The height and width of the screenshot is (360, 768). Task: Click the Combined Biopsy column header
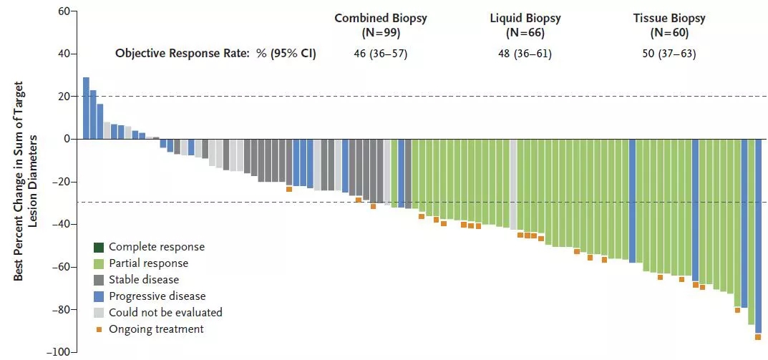(380, 25)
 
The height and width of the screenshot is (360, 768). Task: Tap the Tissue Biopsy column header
(669, 25)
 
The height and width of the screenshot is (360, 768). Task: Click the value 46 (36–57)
(380, 53)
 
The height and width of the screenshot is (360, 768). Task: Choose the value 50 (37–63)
(669, 53)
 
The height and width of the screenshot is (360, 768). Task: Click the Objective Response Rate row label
(215, 53)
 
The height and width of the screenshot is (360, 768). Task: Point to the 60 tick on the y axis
(63, 11)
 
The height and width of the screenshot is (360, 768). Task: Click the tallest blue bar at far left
(86, 108)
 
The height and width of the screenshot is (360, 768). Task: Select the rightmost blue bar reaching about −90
(758, 235)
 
